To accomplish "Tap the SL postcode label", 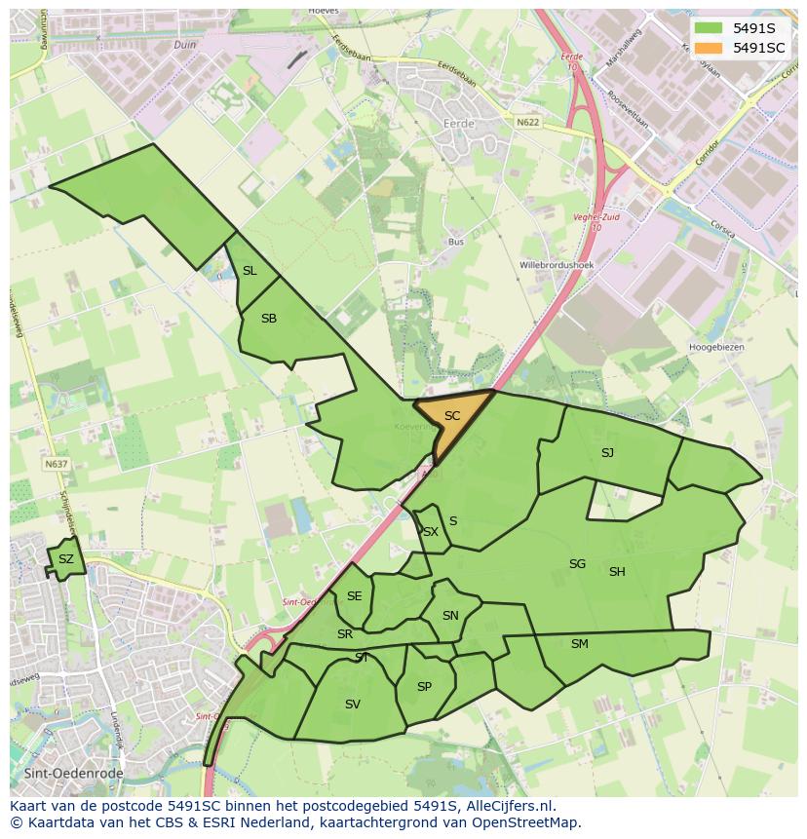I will pos(250,271).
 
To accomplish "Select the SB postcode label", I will pos(269,319).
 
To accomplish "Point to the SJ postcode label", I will pos(607,452).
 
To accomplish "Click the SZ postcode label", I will pos(65,559).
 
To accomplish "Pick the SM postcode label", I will pos(580,643).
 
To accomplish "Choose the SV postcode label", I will pos(353,704).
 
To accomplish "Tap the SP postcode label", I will pos(424,687).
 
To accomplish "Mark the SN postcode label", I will pos(450,616).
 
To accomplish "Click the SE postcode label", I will pos(354,596).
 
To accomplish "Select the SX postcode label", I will pos(430,532).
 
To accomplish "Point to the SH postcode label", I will pos(617,572).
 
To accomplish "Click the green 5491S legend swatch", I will pos(709,28).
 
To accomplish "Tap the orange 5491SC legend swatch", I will pos(709,48).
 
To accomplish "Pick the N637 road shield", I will pos(56,465).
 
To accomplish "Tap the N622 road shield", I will pos(527,123).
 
